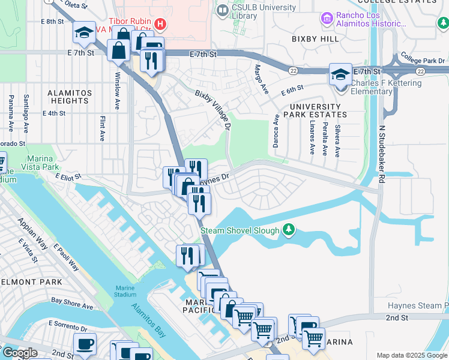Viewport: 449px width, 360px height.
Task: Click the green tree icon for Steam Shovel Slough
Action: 289,230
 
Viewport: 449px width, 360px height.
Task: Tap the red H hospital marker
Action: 160,24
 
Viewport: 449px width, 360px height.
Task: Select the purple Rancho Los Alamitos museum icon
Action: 327,19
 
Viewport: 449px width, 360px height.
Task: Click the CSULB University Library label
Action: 264,11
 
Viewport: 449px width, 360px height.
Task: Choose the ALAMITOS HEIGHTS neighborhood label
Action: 70,97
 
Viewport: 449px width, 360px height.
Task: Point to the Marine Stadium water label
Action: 125,290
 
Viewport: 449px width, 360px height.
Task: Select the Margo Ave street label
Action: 261,79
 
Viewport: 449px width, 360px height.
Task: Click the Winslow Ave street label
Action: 117,89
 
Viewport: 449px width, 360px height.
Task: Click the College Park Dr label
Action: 423,61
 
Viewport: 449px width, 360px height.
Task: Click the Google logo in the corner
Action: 19,352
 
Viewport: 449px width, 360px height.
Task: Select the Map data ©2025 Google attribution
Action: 412,355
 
